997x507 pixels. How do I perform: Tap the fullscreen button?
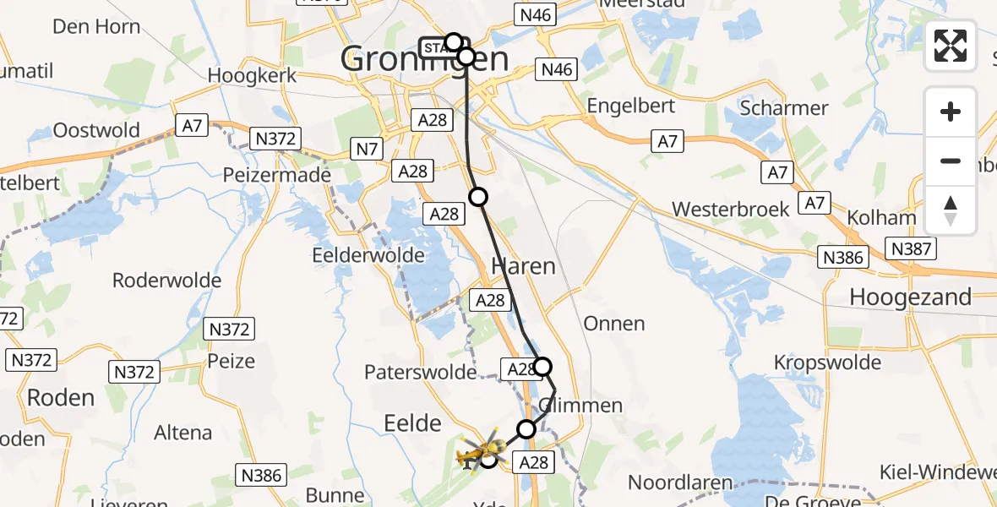(951, 45)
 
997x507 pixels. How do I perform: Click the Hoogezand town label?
(910, 297)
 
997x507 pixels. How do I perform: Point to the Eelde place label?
(413, 422)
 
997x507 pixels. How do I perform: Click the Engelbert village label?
(631, 106)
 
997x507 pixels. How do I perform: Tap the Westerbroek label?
(731, 209)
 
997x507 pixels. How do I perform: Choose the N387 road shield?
(911, 248)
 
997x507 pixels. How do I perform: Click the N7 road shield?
(367, 150)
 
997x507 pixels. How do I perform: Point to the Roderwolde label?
(166, 280)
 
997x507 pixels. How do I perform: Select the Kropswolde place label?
(827, 363)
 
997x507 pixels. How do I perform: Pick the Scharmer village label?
(783, 108)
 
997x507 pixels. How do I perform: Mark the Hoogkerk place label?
(252, 75)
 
